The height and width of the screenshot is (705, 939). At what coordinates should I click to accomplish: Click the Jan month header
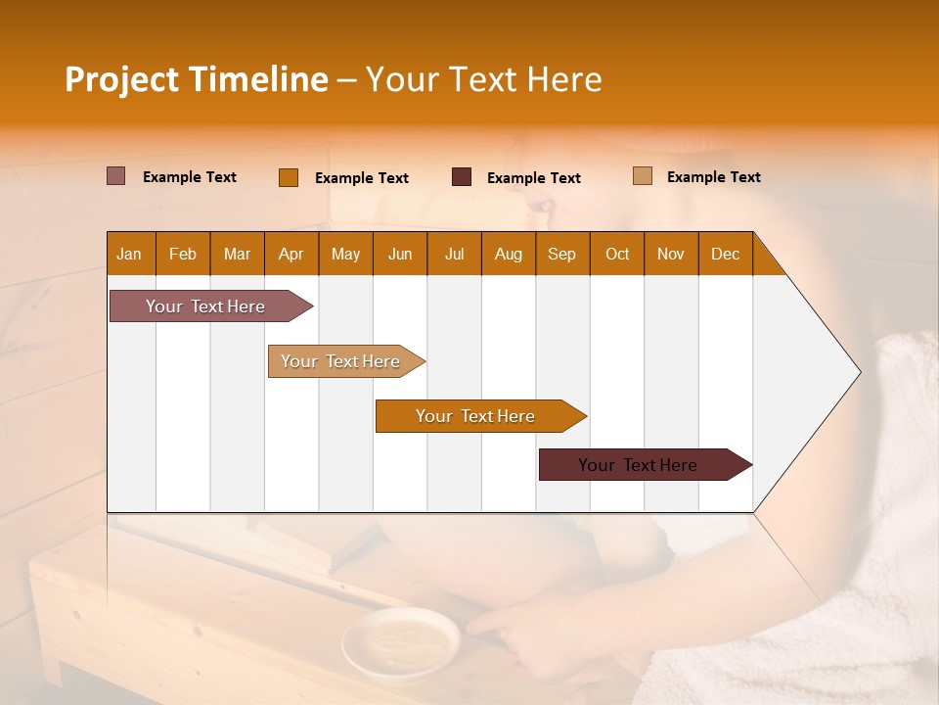(130, 254)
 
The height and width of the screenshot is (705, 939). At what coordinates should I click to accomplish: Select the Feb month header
(183, 254)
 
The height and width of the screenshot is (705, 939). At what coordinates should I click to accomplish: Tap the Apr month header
(291, 254)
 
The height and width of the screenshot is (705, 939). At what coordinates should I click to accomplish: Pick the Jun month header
(400, 254)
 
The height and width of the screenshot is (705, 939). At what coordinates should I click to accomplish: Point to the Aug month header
(508, 254)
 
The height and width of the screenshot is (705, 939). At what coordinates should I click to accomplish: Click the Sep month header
(562, 254)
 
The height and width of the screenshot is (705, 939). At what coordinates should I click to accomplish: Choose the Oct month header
(617, 254)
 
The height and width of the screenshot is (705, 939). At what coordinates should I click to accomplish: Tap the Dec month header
(725, 254)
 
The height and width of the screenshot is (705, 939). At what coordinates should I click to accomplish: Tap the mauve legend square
(116, 176)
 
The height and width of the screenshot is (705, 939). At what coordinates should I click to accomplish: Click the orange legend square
(289, 177)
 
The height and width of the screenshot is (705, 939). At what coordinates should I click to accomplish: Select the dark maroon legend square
(462, 177)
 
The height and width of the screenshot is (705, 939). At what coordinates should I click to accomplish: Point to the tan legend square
(643, 176)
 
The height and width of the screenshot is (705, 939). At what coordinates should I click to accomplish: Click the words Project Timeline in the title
(197, 79)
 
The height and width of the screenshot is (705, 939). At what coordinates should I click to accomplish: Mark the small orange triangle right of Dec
(766, 261)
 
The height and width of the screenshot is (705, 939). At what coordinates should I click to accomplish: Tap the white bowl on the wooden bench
(400, 641)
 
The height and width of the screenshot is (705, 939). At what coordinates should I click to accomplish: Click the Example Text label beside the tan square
(713, 177)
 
